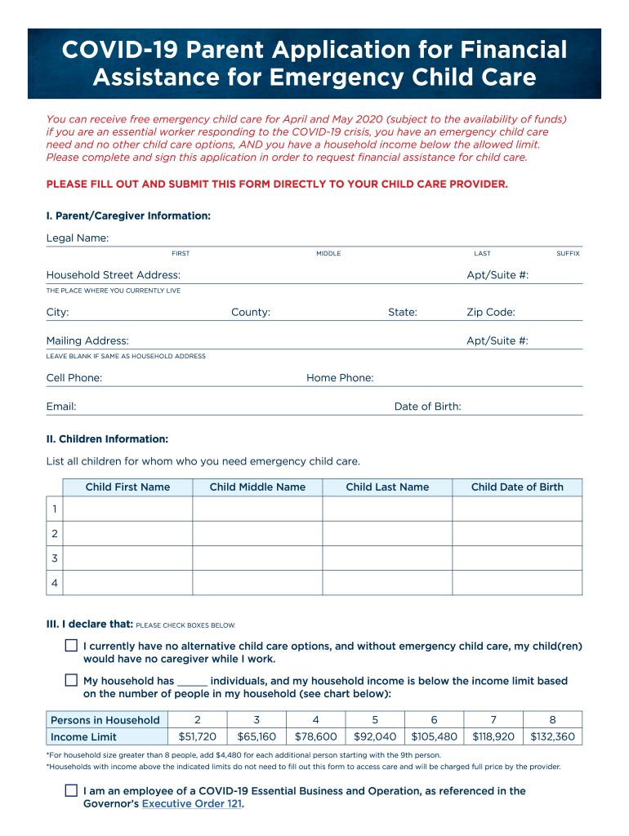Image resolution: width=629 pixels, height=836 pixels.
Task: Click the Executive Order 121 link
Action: point(192,803)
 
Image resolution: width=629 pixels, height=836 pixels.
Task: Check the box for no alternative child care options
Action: point(71,646)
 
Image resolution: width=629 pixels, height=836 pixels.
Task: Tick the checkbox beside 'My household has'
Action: point(71,680)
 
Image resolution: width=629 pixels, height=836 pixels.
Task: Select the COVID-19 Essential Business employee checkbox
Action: point(71,790)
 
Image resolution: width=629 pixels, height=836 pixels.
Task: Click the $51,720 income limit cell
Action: point(197,736)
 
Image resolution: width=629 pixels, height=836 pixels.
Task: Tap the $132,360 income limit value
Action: point(552,736)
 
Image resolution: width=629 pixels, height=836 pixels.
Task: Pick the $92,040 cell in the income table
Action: point(375,736)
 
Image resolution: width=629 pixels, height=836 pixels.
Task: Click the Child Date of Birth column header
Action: point(517,487)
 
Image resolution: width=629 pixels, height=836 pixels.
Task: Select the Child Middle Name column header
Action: point(257,487)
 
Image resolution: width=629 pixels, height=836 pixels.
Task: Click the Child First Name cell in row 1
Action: point(127,509)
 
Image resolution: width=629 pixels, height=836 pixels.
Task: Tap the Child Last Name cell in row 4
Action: point(387,583)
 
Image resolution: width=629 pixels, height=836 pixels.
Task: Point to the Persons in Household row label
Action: point(105,720)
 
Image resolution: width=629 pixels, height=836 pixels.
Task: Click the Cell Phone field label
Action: point(74,378)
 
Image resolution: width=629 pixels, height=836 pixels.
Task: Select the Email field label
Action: point(61,407)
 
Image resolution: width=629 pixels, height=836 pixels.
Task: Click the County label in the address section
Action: point(251,313)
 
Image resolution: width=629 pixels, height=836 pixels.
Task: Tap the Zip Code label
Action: point(490,313)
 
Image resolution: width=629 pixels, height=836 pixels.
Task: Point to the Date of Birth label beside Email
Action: point(427,407)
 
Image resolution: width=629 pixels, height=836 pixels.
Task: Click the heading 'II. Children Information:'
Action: point(107,439)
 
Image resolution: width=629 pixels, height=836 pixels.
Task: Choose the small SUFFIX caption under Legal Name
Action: point(568,254)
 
